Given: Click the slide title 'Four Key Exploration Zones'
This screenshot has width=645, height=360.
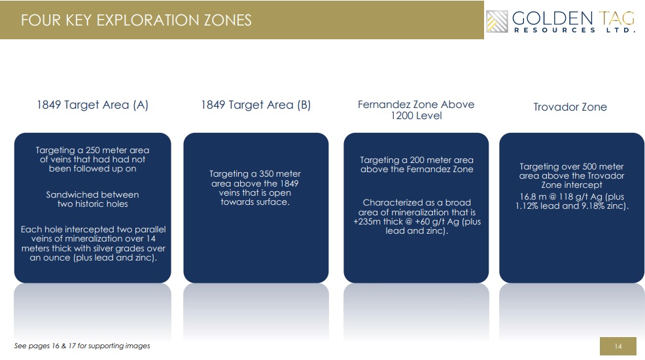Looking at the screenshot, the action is [x=136, y=20].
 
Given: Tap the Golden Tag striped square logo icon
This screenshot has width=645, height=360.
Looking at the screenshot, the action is [x=497, y=22].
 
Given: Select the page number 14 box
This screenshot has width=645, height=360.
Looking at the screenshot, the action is [x=618, y=346].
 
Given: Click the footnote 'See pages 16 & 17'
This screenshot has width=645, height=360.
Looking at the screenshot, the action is [x=82, y=346].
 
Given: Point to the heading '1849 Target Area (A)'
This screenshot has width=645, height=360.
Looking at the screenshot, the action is [x=92, y=105].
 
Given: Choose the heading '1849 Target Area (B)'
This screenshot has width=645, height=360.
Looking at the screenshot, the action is [x=256, y=105].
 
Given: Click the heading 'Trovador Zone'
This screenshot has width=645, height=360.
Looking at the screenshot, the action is [x=570, y=107].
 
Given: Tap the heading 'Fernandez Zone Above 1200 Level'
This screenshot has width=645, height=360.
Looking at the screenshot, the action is [x=416, y=110].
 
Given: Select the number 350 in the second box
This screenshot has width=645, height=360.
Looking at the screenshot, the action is [x=266, y=173].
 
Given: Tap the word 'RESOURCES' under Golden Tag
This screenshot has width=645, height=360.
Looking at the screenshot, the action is [x=555, y=30].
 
